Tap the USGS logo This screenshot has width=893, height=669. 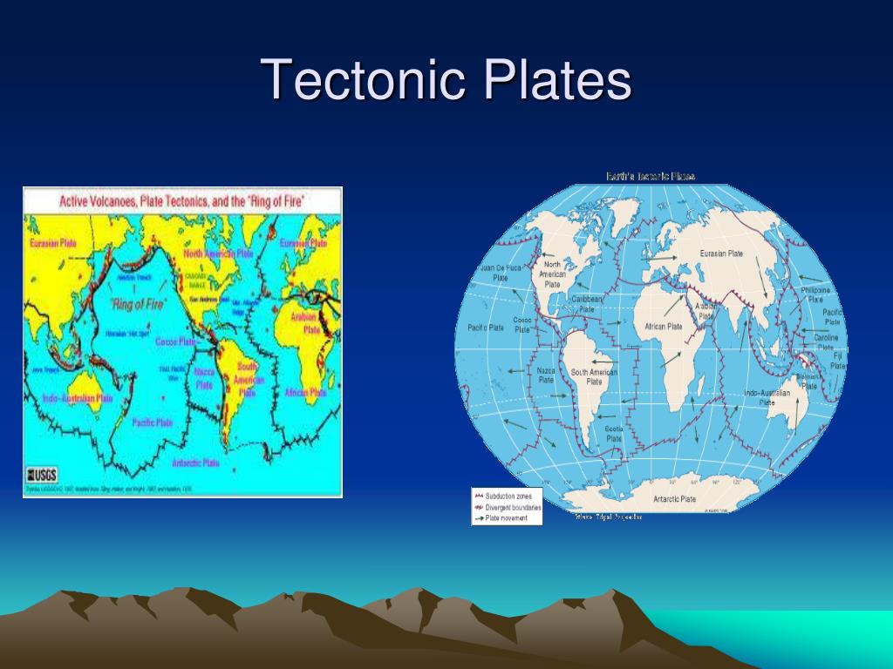tap(43, 476)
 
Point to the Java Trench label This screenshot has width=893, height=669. tap(44, 369)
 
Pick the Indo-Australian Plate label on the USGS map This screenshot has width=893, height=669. tap(78, 398)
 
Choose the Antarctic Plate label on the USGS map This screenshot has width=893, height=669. tap(195, 463)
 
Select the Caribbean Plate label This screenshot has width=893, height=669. tap(588, 303)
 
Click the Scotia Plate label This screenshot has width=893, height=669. tap(614, 434)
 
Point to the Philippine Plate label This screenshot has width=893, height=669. tap(815, 294)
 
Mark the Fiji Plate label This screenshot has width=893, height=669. tap(838, 361)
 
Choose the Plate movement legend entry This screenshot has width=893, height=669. tap(504, 517)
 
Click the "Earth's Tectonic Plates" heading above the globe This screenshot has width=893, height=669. tap(651, 176)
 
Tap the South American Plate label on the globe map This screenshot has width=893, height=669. tap(594, 376)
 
